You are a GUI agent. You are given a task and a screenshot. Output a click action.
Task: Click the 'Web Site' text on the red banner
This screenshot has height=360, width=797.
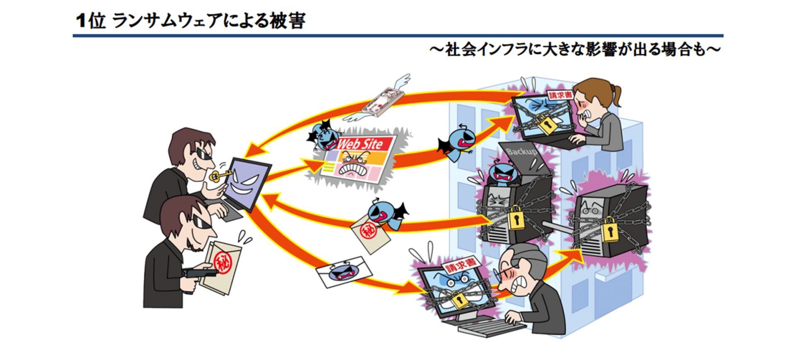click(x=359, y=144)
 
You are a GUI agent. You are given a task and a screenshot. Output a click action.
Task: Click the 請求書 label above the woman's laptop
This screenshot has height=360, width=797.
click(x=560, y=95)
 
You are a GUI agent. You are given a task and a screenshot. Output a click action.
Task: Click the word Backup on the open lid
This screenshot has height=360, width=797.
click(x=521, y=152)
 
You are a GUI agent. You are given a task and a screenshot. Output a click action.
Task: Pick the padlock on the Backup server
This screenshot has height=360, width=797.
click(x=516, y=218)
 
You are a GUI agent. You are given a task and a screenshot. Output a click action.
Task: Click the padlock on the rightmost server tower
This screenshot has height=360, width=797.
click(x=609, y=230)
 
